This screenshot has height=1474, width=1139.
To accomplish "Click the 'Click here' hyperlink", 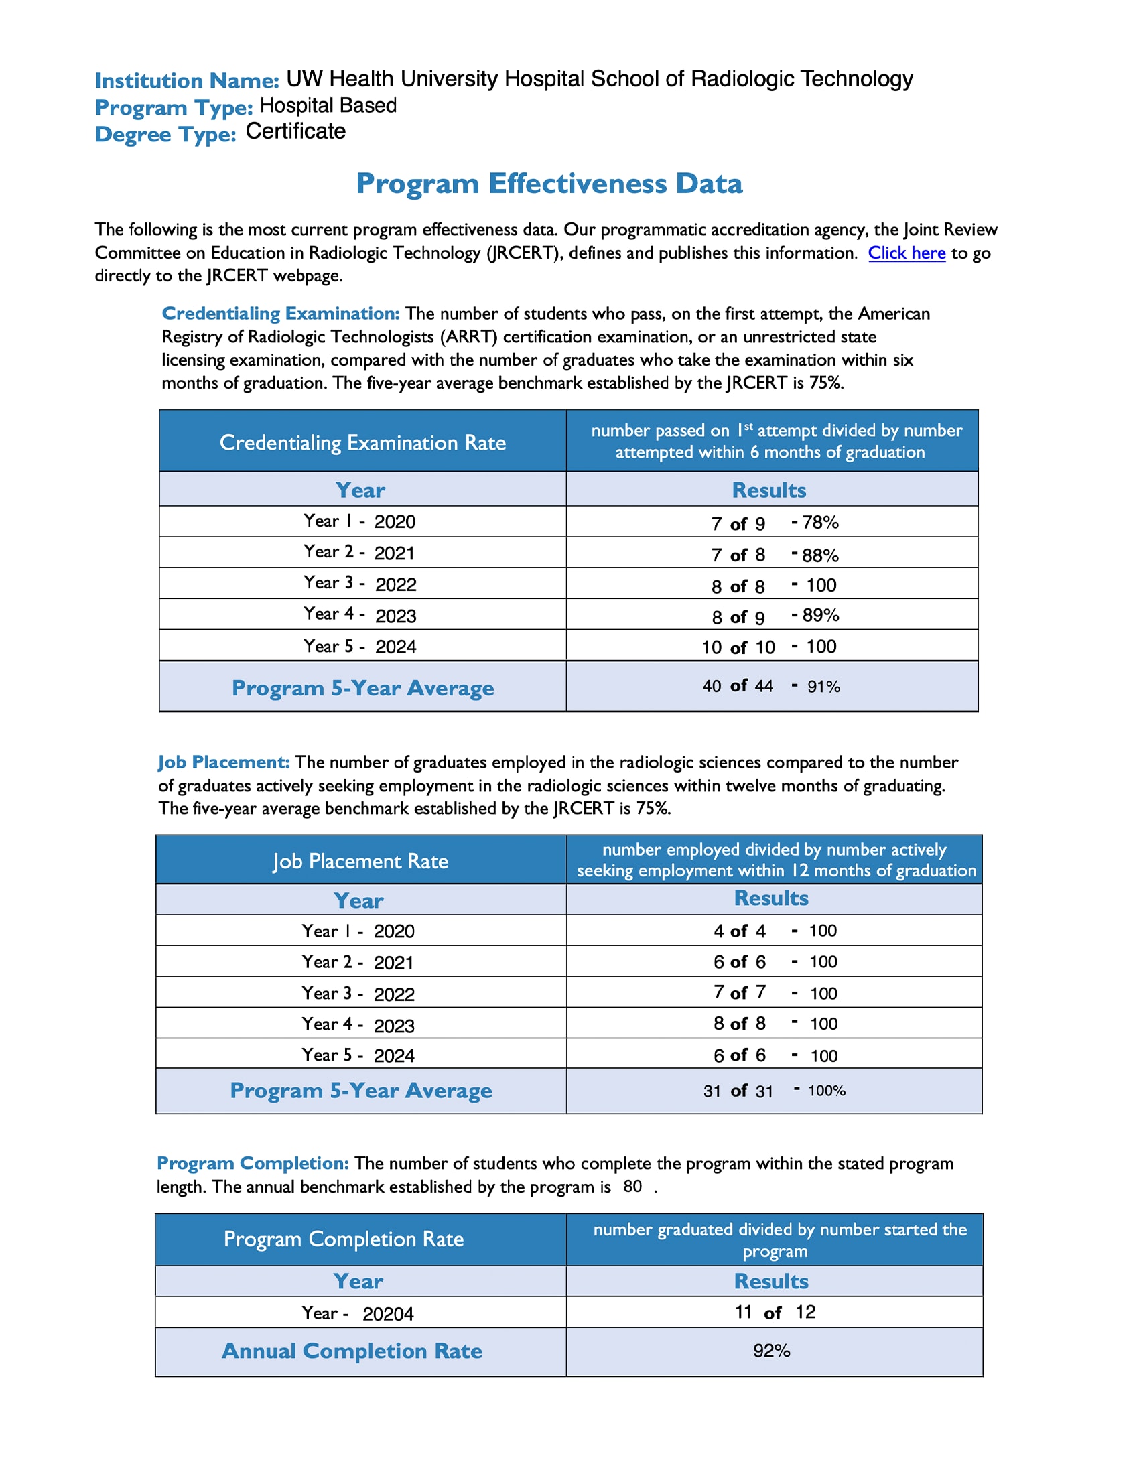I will [x=907, y=253].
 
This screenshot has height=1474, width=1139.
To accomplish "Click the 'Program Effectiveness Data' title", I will [x=549, y=184].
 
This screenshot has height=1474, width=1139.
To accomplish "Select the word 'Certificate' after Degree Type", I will [x=295, y=131].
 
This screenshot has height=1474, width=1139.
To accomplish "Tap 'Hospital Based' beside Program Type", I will [x=328, y=106].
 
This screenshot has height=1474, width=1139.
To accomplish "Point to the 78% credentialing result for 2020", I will [x=819, y=523].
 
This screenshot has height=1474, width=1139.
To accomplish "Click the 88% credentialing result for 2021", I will [x=819, y=555].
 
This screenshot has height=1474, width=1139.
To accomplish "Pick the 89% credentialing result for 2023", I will [x=820, y=616].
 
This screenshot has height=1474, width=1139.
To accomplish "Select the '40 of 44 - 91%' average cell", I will [x=771, y=686].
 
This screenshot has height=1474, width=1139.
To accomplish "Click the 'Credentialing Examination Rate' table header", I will [x=362, y=443].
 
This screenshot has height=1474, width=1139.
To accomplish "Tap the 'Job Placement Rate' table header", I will [x=360, y=861].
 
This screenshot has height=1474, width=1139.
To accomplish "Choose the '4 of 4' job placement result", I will [x=740, y=931].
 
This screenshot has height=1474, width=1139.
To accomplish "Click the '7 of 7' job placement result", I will [x=740, y=993].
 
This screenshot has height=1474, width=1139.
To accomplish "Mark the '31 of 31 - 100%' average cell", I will [x=774, y=1091].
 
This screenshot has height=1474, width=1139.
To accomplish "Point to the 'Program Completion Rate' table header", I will [x=344, y=1239].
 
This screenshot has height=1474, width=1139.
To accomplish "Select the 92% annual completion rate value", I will [x=771, y=1351].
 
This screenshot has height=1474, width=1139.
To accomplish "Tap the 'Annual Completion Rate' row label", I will [x=352, y=1351].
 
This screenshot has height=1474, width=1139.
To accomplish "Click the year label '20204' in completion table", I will [x=388, y=1314].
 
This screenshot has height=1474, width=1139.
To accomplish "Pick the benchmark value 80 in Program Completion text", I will [x=632, y=1187].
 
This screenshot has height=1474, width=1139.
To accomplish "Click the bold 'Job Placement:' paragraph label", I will [x=224, y=762].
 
